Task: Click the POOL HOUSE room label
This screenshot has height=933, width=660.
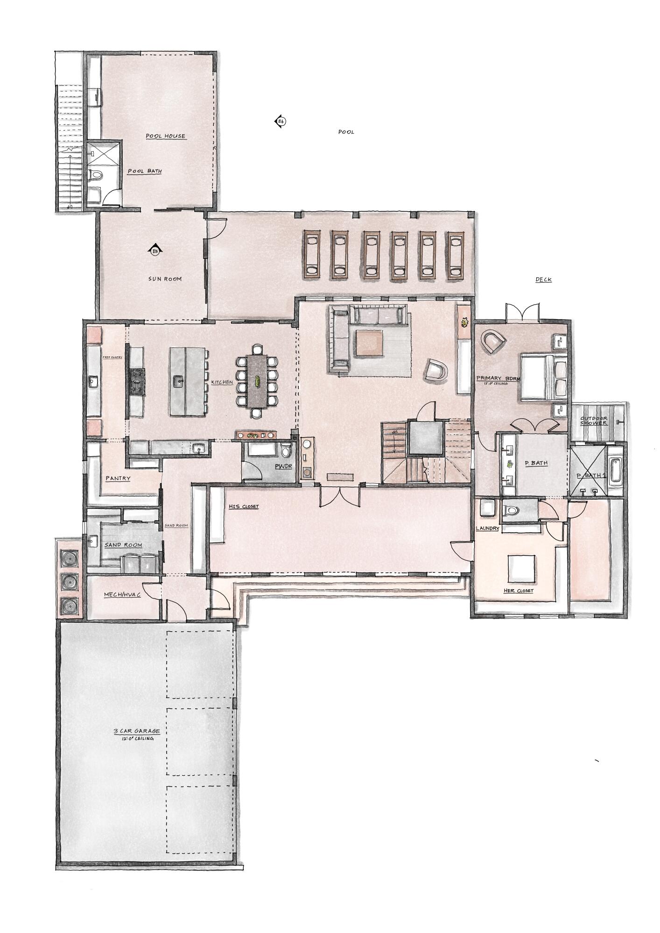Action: tap(165, 136)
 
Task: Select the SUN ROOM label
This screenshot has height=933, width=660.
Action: tap(165, 279)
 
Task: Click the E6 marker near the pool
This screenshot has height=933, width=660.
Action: tap(280, 122)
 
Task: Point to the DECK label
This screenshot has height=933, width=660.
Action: tap(543, 280)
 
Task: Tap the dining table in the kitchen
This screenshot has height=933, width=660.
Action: tap(257, 381)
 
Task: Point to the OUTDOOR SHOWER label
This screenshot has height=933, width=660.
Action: tap(594, 421)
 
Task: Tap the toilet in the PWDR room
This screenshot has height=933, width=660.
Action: tap(287, 450)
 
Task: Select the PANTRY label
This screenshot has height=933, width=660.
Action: tap(118, 479)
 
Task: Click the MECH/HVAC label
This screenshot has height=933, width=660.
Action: tap(122, 595)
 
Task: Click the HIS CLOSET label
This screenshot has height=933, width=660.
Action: tap(243, 507)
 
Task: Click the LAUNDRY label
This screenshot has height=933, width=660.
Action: tap(487, 529)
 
